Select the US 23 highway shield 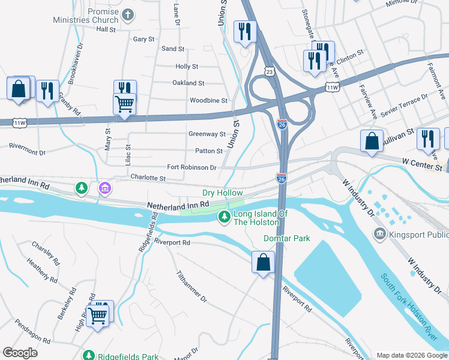pyautogui.click(x=270, y=71)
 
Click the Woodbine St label pyautogui.click(x=208, y=101)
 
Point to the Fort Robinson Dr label pyautogui.click(x=191, y=167)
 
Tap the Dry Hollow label pyautogui.click(x=222, y=193)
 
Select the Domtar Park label pyautogui.click(x=287, y=238)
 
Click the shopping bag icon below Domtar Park pyautogui.click(x=263, y=262)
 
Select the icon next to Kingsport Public pyautogui.click(x=379, y=233)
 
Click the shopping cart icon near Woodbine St pyautogui.click(x=124, y=103)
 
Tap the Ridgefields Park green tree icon pyautogui.click(x=88, y=355)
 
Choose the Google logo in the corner pyautogui.click(x=20, y=353)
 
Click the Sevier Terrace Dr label pyautogui.click(x=407, y=104)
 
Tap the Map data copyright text pyautogui.click(x=412, y=355)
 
